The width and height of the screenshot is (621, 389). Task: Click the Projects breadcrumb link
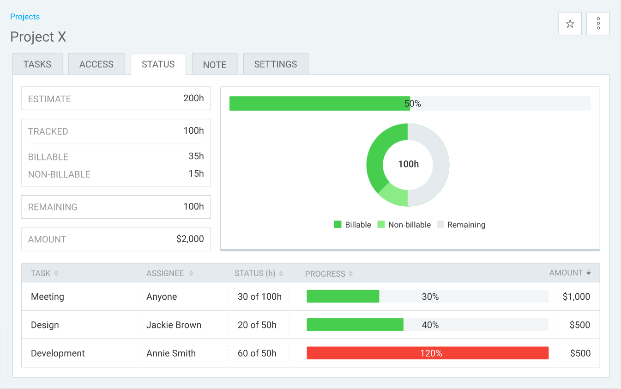25,17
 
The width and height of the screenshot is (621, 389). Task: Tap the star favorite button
570,24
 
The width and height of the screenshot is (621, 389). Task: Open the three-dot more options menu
598,24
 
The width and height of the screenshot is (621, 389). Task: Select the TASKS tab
37,64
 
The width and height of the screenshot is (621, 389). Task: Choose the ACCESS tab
96,64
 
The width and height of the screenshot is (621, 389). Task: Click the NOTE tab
215,64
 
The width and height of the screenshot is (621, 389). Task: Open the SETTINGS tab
276,64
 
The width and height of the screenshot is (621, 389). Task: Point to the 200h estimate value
193,99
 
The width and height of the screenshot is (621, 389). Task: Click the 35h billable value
196,156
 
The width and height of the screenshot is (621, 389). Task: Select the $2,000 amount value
190,239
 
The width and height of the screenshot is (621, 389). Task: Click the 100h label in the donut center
408,164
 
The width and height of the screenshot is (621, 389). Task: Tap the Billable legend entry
353,225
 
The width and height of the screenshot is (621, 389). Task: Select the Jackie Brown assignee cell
174,325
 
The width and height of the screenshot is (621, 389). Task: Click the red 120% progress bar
428,353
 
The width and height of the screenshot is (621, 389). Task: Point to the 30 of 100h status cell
259,297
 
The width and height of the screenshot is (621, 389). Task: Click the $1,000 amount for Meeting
576,297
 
